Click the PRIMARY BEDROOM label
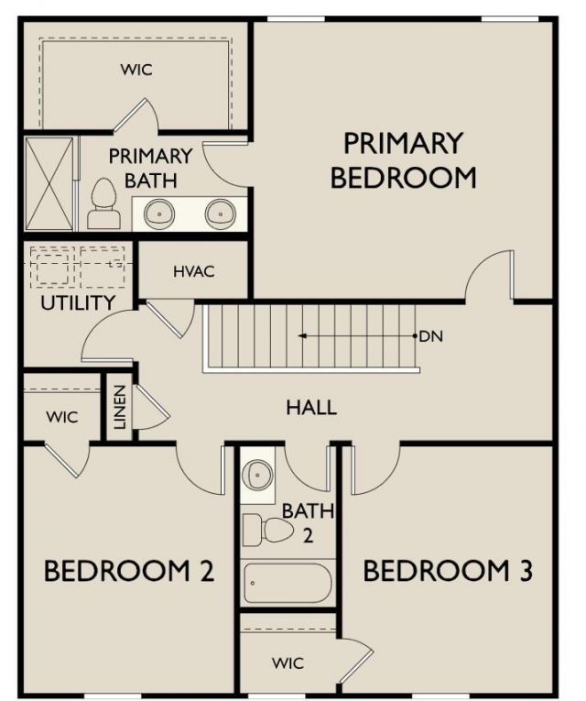tap(403, 159)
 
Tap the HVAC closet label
tap(193, 271)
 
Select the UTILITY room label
tap(78, 302)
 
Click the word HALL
tap(311, 407)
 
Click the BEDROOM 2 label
tap(129, 572)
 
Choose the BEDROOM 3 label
tap(448, 572)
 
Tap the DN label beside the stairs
tap(430, 336)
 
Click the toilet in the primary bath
tap(103, 204)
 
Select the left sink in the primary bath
tap(160, 214)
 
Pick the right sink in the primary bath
tap(221, 214)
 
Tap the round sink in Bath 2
tap(257, 474)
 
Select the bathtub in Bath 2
tap(288, 583)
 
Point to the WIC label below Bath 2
tap(288, 663)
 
